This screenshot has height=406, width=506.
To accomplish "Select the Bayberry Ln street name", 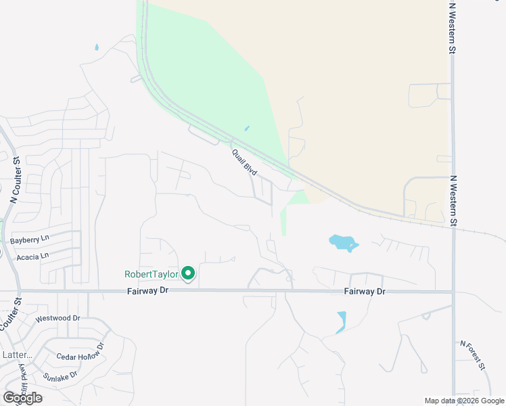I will (30, 240).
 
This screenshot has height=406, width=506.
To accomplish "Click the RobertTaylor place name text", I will (151, 274).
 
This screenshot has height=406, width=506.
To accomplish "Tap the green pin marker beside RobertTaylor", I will (188, 273).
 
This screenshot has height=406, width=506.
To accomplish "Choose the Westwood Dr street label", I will (57, 318).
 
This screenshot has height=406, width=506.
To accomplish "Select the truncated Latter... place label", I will (17, 355).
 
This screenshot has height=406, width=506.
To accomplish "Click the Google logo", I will (22, 398).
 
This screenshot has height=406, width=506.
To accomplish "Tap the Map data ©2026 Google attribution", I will (464, 401).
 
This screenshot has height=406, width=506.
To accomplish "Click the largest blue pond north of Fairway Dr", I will (343, 242).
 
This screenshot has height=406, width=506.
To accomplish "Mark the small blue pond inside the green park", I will (246, 128).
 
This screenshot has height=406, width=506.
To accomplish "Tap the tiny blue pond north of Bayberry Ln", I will (97, 47).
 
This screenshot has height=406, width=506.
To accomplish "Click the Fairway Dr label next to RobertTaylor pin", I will (147, 290).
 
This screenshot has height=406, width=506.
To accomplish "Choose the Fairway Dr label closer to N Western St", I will (364, 291).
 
